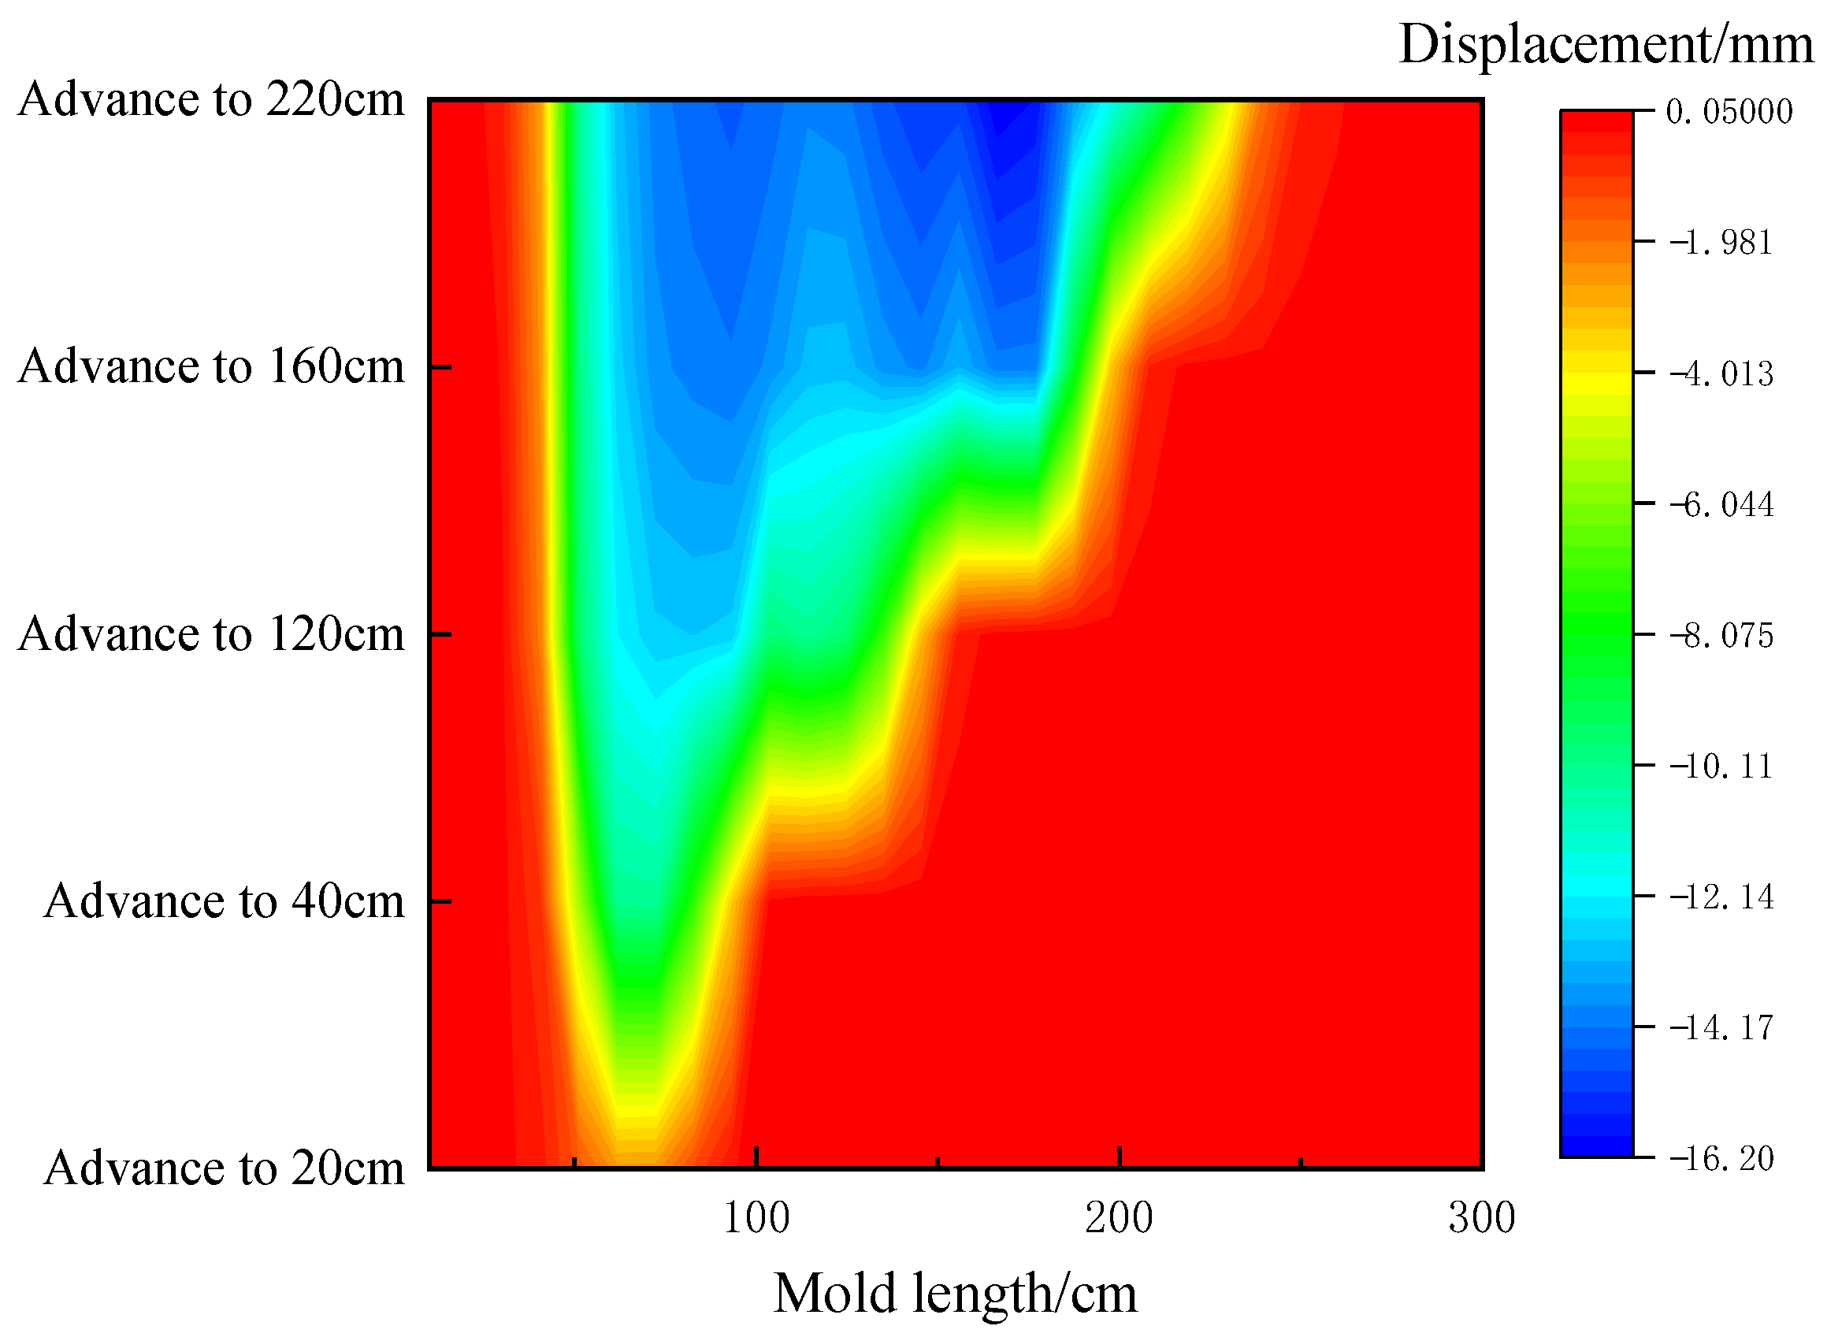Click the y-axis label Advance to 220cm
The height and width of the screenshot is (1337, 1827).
tap(211, 100)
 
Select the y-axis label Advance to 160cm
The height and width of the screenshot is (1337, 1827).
tap(211, 367)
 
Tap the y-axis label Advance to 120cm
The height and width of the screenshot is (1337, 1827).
tap(211, 634)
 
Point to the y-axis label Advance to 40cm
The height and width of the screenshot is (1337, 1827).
tap(224, 901)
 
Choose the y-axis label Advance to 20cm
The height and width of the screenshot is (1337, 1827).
tap(224, 1168)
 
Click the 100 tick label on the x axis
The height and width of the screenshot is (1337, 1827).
tap(756, 1219)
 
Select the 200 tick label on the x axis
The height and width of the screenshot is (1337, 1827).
tap(1119, 1219)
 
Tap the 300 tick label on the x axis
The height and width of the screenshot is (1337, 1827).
tap(1481, 1219)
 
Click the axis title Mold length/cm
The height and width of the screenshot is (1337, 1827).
tap(956, 1294)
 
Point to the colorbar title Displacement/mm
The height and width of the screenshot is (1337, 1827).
tap(1606, 43)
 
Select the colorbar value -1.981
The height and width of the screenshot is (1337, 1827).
tap(1721, 242)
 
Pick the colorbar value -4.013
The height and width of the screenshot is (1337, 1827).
tap(1721, 373)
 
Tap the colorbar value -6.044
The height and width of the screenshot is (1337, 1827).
tap(1721, 504)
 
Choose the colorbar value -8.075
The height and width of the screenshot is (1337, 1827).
tap(1721, 635)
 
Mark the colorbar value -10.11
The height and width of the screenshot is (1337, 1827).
tap(1721, 766)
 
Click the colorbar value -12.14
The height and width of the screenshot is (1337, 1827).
tap(1721, 897)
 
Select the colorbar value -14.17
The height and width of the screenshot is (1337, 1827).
tap(1721, 1028)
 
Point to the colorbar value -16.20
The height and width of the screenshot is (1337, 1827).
tap(1721, 1159)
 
